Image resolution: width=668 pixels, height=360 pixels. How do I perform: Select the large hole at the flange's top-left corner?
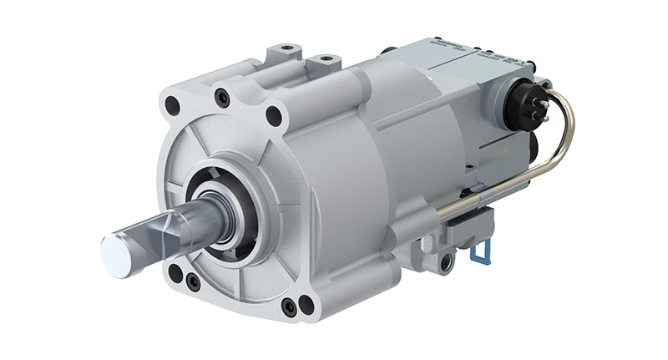[173, 106]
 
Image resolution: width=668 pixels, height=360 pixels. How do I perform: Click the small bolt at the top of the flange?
[222, 98]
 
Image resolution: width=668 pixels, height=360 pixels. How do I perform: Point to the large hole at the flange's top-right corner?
[273, 116]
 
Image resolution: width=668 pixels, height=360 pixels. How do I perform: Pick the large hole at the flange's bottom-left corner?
[175, 272]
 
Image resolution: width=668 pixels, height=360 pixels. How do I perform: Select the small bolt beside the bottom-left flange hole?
[193, 282]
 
